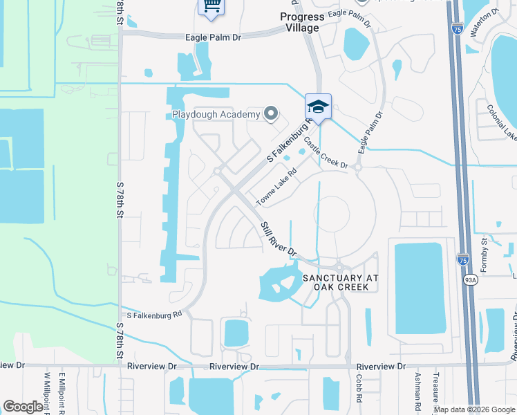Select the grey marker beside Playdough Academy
271,113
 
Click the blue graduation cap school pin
318,107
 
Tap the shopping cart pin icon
211,6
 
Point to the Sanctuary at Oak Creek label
341,282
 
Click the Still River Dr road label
279,238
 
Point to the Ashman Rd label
417,389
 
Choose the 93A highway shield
471,280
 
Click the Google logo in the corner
23,407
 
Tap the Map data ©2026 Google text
474,409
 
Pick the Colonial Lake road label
501,122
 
